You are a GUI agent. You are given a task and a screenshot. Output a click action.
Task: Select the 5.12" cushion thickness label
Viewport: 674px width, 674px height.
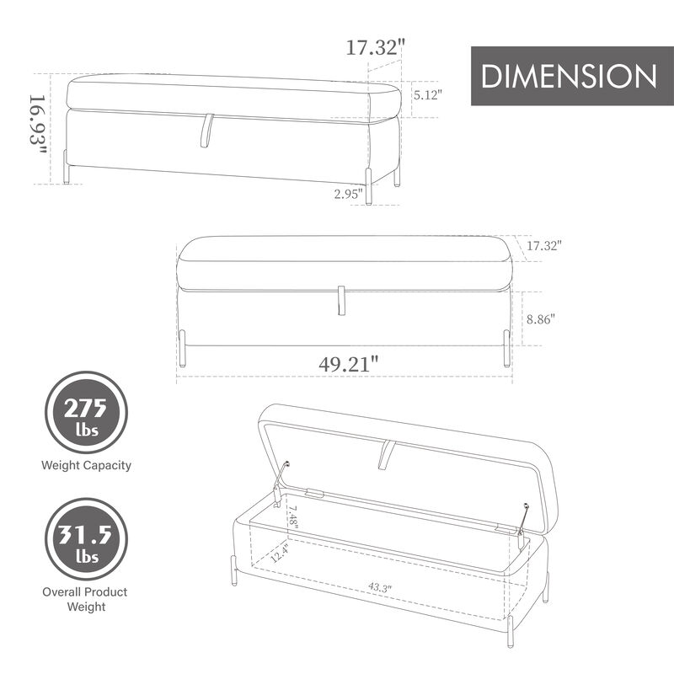tap(428, 95)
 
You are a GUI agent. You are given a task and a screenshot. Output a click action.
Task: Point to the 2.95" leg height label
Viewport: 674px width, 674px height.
tap(348, 194)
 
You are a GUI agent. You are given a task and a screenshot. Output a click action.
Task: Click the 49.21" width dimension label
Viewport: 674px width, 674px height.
tap(348, 365)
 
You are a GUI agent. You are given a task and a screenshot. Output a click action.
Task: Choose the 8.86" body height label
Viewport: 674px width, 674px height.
tap(541, 319)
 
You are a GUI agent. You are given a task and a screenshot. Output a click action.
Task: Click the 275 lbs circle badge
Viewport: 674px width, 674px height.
tap(87, 413)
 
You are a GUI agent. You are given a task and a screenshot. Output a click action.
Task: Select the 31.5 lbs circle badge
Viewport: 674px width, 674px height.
tap(87, 539)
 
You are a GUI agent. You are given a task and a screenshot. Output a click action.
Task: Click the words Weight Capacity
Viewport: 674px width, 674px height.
tap(87, 465)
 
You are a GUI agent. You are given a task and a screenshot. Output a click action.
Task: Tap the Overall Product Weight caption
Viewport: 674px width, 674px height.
tap(87, 599)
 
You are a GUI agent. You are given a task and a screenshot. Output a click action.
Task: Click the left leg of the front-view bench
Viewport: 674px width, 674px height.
tap(182, 349)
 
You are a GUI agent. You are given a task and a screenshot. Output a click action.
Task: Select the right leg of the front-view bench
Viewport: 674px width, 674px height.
tap(506, 347)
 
